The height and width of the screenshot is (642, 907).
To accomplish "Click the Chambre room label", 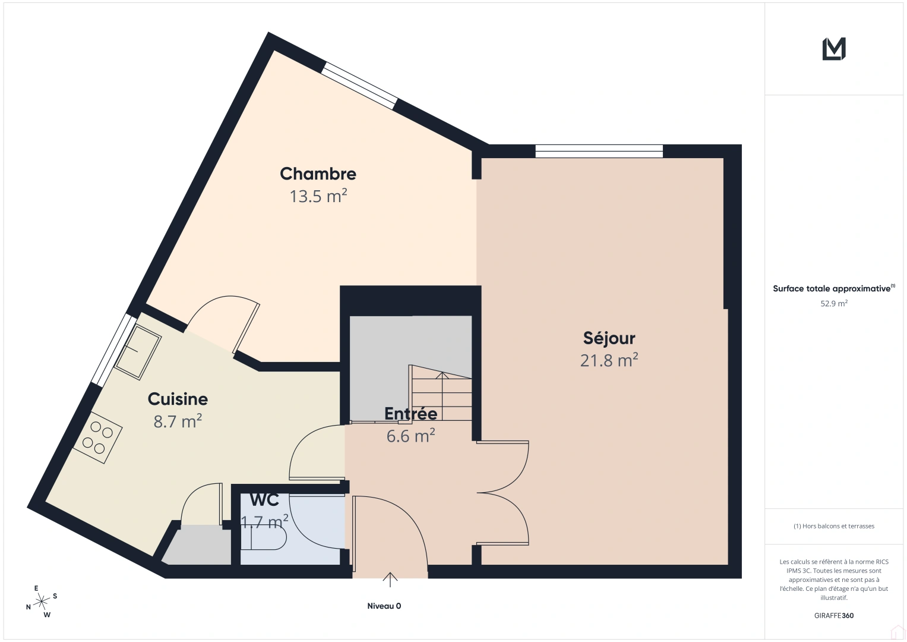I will pyautogui.click(x=318, y=174).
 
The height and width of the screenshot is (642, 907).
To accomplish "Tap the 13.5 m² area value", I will pyautogui.click(x=318, y=196).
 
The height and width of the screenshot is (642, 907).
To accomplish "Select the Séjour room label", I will pyautogui.click(x=609, y=338).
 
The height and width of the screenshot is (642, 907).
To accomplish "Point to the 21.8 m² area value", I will pyautogui.click(x=609, y=360).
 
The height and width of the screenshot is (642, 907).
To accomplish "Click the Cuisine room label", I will pyautogui.click(x=178, y=399).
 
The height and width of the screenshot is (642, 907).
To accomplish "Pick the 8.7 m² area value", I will pyautogui.click(x=178, y=421).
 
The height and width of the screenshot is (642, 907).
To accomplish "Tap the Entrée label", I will pyautogui.click(x=410, y=414).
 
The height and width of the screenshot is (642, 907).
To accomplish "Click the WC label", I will pyautogui.click(x=264, y=500).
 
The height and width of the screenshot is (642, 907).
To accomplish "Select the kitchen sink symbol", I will pyautogui.click(x=138, y=353).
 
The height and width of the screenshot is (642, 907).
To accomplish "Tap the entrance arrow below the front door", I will pyautogui.click(x=390, y=579).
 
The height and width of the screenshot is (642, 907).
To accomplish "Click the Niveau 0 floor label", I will pyautogui.click(x=384, y=606).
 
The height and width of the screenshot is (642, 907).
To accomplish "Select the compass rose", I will pyautogui.click(x=41, y=602).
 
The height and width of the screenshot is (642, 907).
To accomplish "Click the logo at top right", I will pyautogui.click(x=834, y=49).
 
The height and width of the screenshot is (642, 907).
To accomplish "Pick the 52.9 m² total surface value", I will pyautogui.click(x=834, y=304).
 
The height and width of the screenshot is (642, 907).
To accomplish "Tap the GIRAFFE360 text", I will pyautogui.click(x=834, y=616).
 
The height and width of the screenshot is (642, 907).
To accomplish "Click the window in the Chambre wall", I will pyautogui.click(x=359, y=87).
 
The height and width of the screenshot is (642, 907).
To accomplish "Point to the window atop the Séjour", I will pyautogui.click(x=599, y=151).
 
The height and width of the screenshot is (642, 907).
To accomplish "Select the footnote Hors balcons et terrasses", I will pyautogui.click(x=834, y=526).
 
